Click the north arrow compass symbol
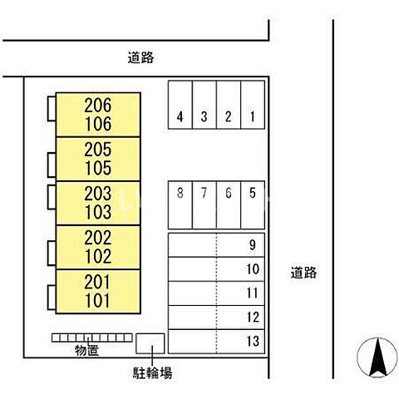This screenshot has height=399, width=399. click(x=377, y=357)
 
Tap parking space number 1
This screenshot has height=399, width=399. click(x=253, y=105)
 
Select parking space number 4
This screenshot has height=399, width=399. click(x=180, y=105)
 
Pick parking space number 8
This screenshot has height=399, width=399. click(x=180, y=205)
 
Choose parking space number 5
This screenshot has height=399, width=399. click(x=253, y=205)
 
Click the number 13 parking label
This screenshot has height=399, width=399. click(x=253, y=341)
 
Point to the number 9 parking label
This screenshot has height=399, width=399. click(x=253, y=244)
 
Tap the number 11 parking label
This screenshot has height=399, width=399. click(x=253, y=293)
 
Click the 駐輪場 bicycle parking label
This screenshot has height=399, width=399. click(x=152, y=372)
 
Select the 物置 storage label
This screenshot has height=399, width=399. click(x=86, y=351)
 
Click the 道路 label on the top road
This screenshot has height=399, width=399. click(x=140, y=57)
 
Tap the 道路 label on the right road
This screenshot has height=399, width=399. click(x=303, y=273)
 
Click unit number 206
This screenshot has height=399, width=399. click(x=98, y=106)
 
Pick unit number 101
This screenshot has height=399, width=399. click(x=97, y=301)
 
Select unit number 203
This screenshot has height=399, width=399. click(x=98, y=194)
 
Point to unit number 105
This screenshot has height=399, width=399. click(x=98, y=168)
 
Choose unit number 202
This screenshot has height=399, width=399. click(x=98, y=238)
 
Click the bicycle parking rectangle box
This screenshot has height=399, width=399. click(x=150, y=343)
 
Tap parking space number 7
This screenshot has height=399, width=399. click(x=204, y=205)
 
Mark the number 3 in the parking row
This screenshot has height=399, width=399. click(x=204, y=116)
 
